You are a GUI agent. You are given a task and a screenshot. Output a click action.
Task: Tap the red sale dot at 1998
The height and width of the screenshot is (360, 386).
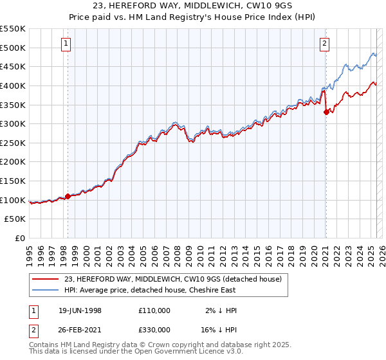[68, 196]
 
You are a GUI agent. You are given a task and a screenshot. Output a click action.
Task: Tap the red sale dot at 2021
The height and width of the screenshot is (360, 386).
[326, 112]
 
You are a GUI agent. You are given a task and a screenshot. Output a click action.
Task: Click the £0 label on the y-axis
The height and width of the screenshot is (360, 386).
[20, 239]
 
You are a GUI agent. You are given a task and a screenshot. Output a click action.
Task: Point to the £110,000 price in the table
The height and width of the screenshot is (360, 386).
[154, 310]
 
